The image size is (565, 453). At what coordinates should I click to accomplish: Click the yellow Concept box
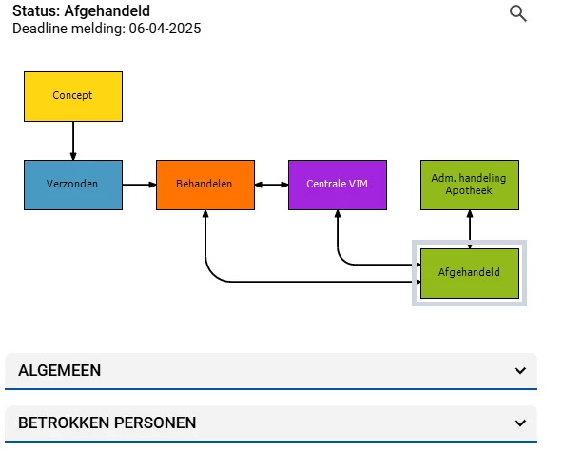click(73, 96)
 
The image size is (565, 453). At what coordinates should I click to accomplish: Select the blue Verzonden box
click(73, 185)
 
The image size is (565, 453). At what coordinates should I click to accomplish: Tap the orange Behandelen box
click(205, 185)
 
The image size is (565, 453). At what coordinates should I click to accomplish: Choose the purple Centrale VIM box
click(338, 185)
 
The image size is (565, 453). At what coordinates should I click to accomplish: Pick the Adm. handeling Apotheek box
click(470, 185)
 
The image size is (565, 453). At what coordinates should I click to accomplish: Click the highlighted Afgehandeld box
click(470, 273)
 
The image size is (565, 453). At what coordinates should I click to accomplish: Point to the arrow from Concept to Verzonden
click(73, 141)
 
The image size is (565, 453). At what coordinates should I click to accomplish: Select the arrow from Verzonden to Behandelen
click(140, 185)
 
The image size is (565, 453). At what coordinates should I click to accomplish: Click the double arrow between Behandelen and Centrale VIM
click(271, 185)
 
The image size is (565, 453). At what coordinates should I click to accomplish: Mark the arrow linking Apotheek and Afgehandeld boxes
click(470, 229)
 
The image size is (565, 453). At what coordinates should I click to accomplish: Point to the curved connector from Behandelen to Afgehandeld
click(288, 282)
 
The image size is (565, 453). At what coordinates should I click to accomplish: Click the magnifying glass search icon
click(518, 13)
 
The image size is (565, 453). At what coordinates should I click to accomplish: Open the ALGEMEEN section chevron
click(520, 370)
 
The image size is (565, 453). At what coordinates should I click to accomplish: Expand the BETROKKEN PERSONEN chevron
click(520, 423)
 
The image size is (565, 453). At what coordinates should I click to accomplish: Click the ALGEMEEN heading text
click(60, 370)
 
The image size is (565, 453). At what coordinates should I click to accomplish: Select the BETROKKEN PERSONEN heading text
click(107, 423)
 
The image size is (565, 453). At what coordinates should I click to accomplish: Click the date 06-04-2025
click(166, 29)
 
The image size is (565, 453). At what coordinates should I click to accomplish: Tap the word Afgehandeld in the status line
click(107, 11)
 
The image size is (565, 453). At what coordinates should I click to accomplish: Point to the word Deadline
click(40, 29)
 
